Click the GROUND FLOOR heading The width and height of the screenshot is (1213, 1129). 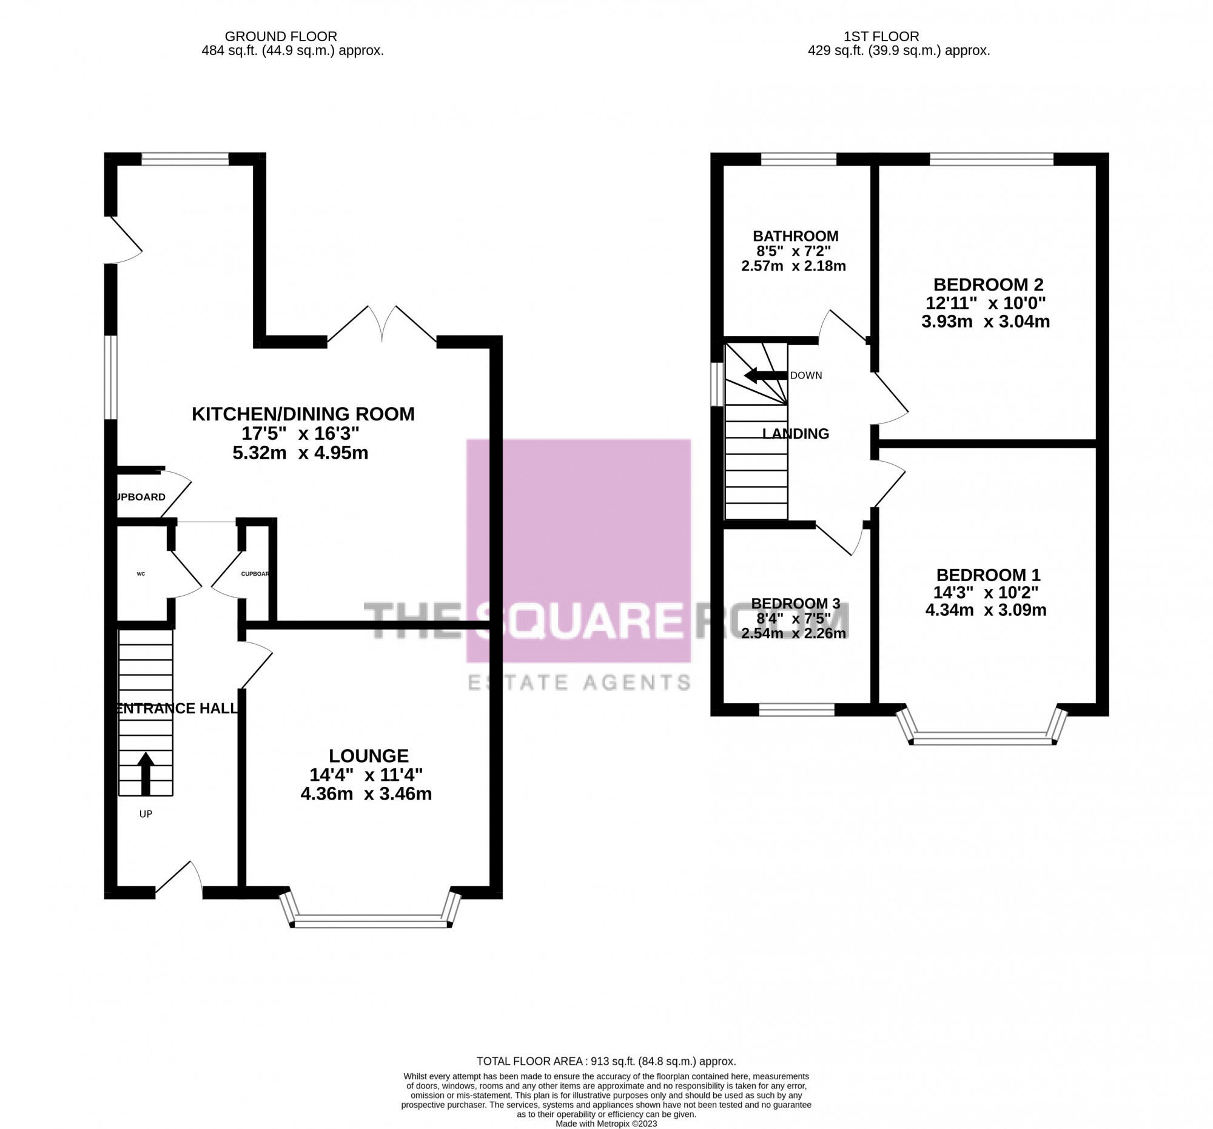tap(281, 36)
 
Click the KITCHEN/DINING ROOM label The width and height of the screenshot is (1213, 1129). tap(303, 414)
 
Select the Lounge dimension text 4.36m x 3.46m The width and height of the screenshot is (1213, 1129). tap(366, 794)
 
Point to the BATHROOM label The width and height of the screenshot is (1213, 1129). tap(795, 236)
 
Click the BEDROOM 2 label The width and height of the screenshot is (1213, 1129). tap(988, 285)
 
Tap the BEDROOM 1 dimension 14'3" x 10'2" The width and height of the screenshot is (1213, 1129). tap(986, 593)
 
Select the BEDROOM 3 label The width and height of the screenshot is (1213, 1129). tap(795, 604)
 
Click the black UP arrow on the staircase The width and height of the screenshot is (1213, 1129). tap(145, 774)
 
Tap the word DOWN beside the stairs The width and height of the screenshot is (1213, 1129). tap(805, 376)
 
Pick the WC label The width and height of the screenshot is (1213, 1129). tap(141, 574)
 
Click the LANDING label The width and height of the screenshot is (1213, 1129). tap(795, 434)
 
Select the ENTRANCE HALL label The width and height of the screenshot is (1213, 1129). tap(177, 709)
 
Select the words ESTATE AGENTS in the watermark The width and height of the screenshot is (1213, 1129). tap(579, 682)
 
